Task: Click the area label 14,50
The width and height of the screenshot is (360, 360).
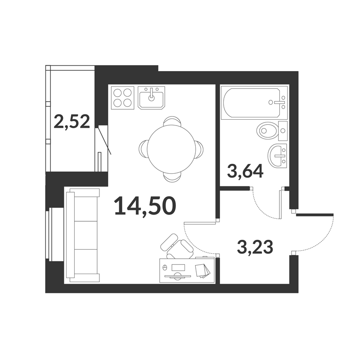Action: (x=145, y=206)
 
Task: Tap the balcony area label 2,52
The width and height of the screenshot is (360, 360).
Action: (x=72, y=122)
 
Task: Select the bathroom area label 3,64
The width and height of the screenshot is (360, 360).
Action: (x=245, y=171)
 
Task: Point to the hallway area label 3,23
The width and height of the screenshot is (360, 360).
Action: (x=255, y=247)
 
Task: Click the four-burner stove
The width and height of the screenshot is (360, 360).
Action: (x=122, y=98)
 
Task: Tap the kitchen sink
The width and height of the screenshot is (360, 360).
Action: (x=151, y=98)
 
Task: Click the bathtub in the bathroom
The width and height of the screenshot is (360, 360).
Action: (x=254, y=103)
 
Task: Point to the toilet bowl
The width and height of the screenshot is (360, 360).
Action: (x=268, y=130)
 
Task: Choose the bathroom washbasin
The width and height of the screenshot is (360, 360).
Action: (x=277, y=156)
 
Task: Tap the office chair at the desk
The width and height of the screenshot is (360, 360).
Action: (x=177, y=247)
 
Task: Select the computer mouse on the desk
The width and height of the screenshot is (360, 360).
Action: (x=164, y=267)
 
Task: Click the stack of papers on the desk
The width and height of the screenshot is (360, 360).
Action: (x=202, y=271)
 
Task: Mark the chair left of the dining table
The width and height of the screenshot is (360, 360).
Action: (x=143, y=149)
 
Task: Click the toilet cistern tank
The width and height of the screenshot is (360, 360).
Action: (x=283, y=130)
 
